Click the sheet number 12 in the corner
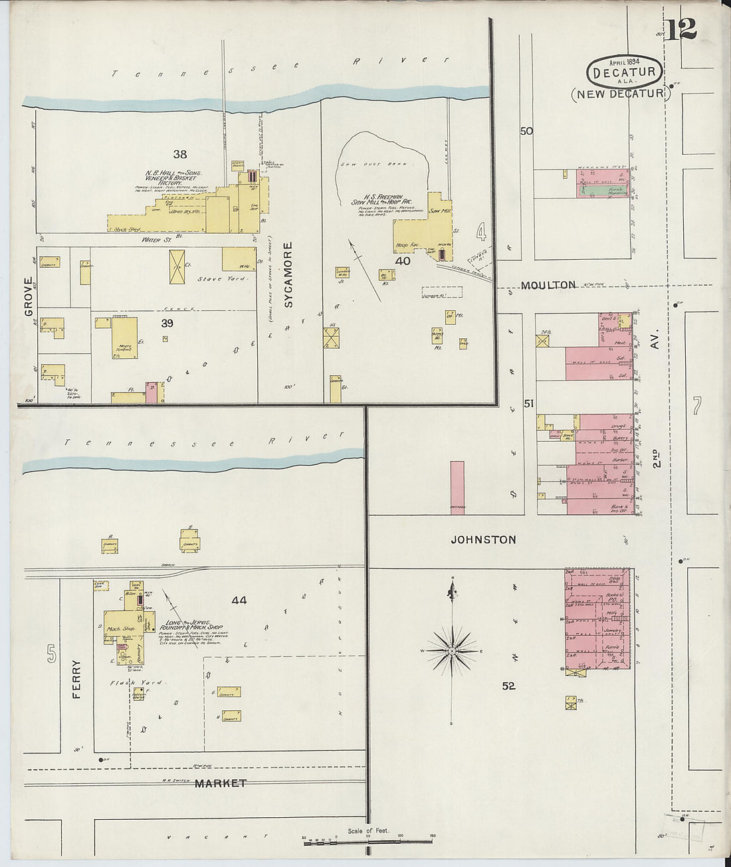tap(682, 29)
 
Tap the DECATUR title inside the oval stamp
tap(624, 72)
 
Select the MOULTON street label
tap(548, 285)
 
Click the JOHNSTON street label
tap(483, 539)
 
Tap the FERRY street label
tap(76, 678)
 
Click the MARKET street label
tap(221, 783)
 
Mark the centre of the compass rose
tap(452, 651)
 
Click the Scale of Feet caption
tap(368, 830)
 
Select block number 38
tap(180, 154)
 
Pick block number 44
tap(239, 600)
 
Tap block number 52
tap(508, 686)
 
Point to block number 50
tap(526, 131)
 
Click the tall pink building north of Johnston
tap(457, 487)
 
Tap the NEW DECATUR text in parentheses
tap(621, 94)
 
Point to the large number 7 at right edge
tap(696, 405)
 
